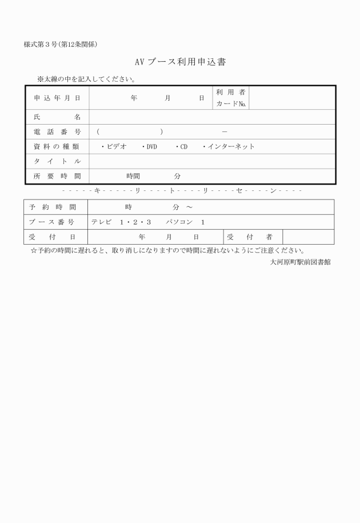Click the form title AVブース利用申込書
click(x=179, y=62)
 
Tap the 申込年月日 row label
click(x=57, y=98)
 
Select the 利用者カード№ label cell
click(x=231, y=98)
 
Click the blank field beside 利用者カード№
click(x=292, y=98)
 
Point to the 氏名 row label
click(x=57, y=117)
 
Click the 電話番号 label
click(x=57, y=131)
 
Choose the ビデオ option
click(x=114, y=146)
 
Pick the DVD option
click(x=150, y=146)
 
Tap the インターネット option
click(x=229, y=146)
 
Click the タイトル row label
click(x=57, y=161)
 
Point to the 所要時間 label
click(x=57, y=176)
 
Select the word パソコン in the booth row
click(x=179, y=222)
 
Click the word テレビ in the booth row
click(x=102, y=222)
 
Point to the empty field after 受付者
click(x=308, y=237)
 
